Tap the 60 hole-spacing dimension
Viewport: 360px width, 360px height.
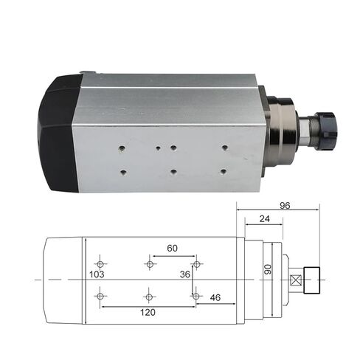(173, 249)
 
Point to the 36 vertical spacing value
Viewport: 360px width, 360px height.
(185, 274)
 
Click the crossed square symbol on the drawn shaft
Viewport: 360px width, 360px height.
(297, 280)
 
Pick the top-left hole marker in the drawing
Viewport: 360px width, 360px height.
(100, 264)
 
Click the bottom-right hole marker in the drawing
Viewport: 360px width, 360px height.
(195, 297)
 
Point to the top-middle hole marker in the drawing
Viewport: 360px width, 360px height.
(150, 264)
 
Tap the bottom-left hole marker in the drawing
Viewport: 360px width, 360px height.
(100, 297)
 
